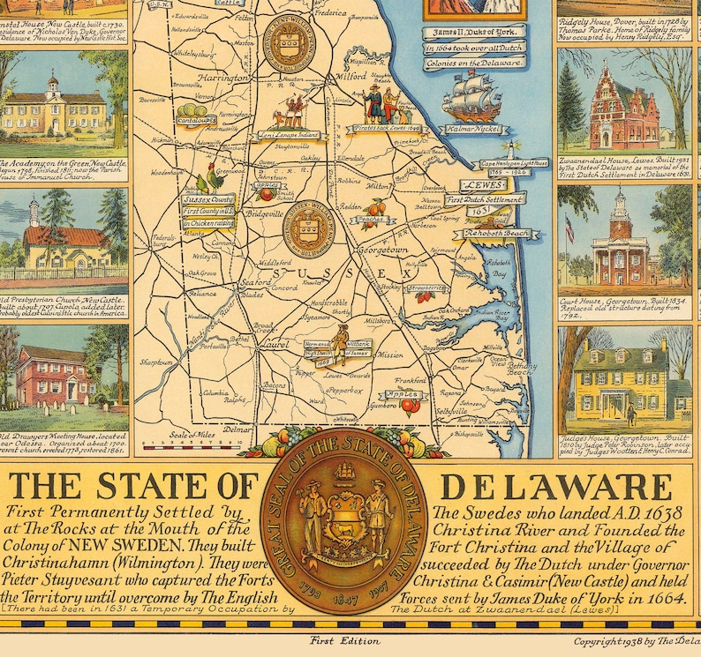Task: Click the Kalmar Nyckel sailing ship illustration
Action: coord(471,97)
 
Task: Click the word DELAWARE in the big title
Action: coord(555,488)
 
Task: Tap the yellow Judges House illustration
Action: coord(622,385)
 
